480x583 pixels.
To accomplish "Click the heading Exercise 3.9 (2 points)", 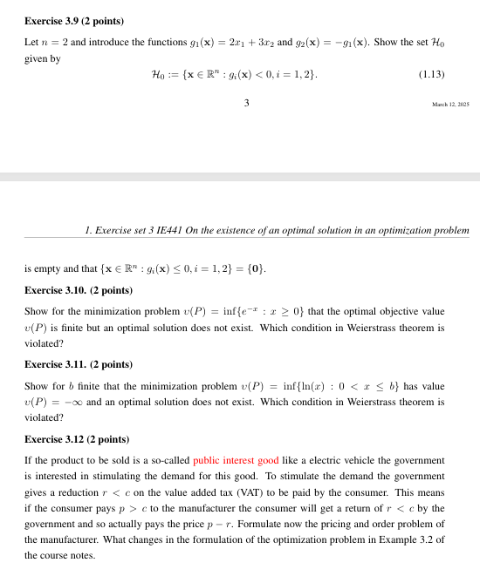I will [x=74, y=20].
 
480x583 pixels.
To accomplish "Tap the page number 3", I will [x=247, y=103].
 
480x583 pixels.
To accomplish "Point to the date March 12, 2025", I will [x=450, y=105].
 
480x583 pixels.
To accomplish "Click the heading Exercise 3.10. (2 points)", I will [x=79, y=289].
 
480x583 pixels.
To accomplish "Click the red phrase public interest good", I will [x=236, y=459].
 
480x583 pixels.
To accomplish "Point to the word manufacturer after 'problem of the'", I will [x=58, y=539].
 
